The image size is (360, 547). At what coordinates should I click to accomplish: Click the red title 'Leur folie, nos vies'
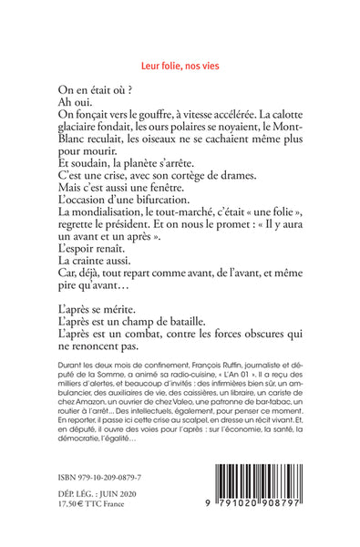pos(180,66)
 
